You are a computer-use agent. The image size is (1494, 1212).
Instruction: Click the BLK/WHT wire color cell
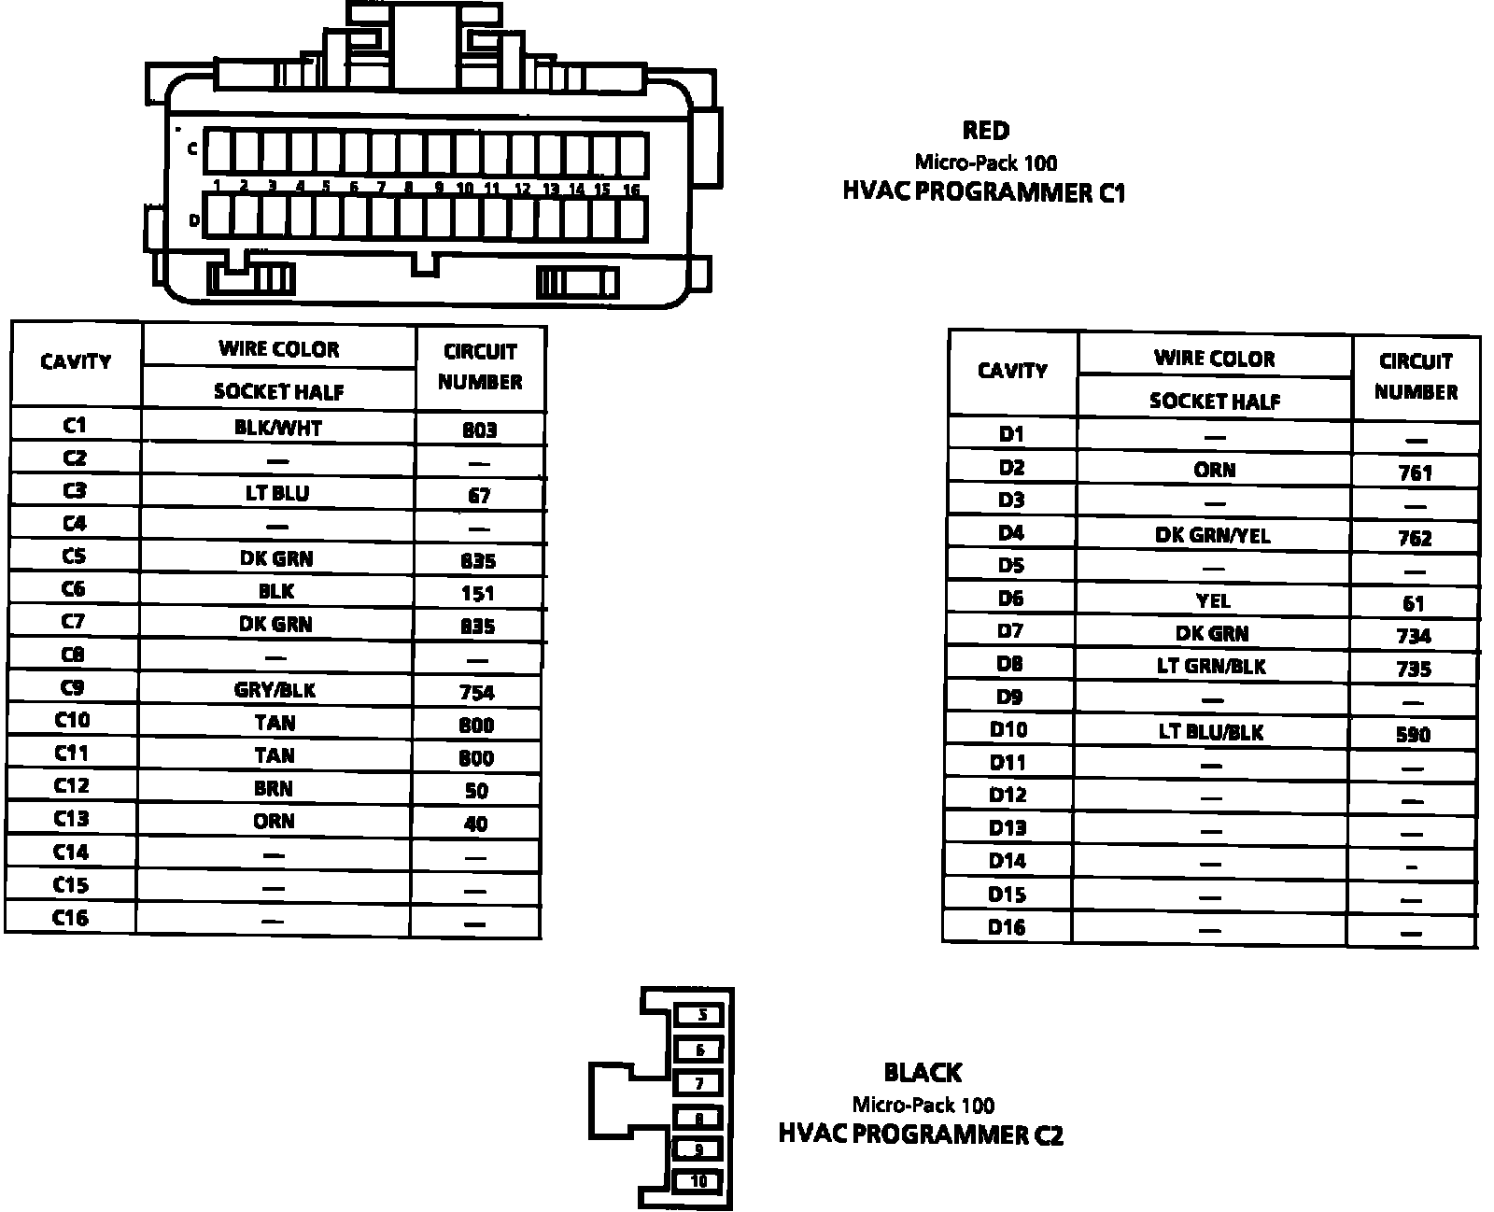click(x=278, y=428)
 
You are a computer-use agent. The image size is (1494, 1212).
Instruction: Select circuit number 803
click(x=479, y=430)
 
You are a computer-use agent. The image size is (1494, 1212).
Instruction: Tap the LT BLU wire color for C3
click(x=277, y=493)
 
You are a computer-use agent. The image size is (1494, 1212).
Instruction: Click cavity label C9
click(x=73, y=688)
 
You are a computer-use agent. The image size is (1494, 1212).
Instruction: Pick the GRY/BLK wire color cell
click(x=275, y=690)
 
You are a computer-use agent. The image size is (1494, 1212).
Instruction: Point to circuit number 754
click(x=477, y=693)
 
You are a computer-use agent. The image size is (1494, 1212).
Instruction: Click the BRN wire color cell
click(x=274, y=789)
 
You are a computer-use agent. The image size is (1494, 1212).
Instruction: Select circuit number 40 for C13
click(x=476, y=824)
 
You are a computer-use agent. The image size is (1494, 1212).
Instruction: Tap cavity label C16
click(x=71, y=918)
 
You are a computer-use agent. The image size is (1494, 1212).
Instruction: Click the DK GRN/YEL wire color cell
click(x=1213, y=535)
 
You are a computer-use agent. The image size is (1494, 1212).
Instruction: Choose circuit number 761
click(x=1416, y=472)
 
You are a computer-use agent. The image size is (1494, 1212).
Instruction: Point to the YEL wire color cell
click(x=1213, y=601)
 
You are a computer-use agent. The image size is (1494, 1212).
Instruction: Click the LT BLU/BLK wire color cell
click(x=1211, y=732)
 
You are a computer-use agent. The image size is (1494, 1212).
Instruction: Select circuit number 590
click(x=1413, y=735)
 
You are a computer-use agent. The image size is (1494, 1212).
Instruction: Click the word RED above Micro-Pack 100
click(x=986, y=131)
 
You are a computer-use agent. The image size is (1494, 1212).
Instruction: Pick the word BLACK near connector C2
click(x=923, y=1073)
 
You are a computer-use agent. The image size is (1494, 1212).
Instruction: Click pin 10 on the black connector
click(x=699, y=1181)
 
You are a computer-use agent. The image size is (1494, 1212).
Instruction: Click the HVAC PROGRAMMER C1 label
click(x=984, y=192)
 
